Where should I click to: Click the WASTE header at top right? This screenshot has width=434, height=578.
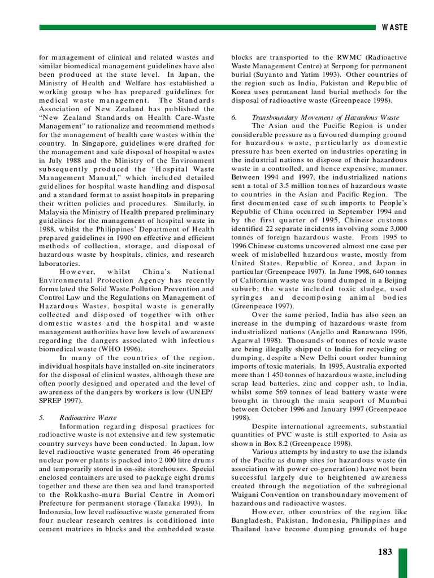click(394, 27)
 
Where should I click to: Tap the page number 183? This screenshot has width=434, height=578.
click(385, 552)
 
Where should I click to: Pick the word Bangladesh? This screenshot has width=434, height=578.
click(253, 520)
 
